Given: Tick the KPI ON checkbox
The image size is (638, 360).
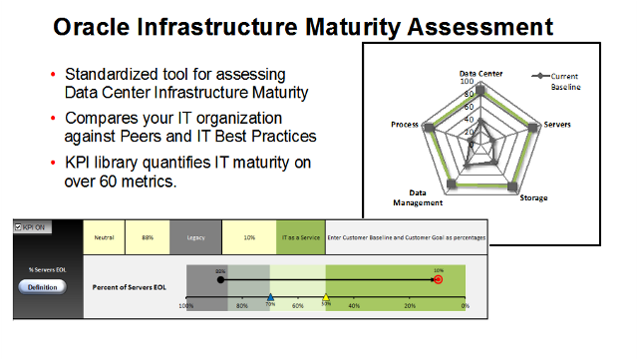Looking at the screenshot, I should pos(19,227).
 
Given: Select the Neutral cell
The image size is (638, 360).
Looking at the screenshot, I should pos(105,237).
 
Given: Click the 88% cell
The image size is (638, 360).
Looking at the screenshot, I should pos(148,237).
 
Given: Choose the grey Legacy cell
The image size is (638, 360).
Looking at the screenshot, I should pos(194,237).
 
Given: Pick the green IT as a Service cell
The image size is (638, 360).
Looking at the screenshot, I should pos(300,237).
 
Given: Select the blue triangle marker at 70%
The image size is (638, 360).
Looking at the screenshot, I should pos(270,297).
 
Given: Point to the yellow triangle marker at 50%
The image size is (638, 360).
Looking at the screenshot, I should pos(326,297).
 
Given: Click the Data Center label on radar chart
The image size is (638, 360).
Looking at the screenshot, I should pos(479,73).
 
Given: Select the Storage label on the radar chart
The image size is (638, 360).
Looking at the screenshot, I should pos(533,198).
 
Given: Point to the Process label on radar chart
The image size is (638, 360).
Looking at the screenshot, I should pos(405,126).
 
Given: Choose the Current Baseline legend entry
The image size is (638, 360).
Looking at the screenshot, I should pos(565,81).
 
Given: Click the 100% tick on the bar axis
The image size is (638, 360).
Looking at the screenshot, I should pos(186,306).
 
